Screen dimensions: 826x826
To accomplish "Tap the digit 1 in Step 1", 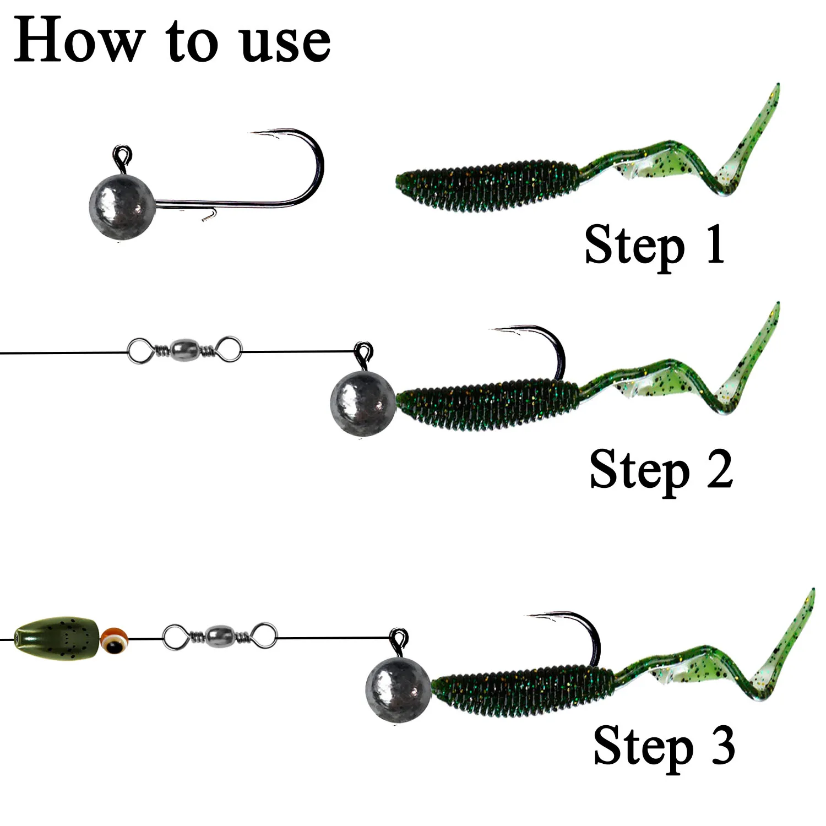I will (x=714, y=244).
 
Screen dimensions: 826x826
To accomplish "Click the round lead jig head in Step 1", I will (x=122, y=208).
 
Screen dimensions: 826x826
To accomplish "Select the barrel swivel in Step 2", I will (x=184, y=349).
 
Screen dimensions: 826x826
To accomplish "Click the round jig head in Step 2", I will (x=363, y=404).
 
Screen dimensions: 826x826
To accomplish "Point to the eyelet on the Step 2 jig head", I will (x=363, y=351).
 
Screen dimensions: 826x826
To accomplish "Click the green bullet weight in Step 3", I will (x=56, y=639).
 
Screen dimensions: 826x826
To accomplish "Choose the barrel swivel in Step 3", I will (x=220, y=636).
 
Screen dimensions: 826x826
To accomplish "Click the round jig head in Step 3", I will (x=398, y=688).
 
